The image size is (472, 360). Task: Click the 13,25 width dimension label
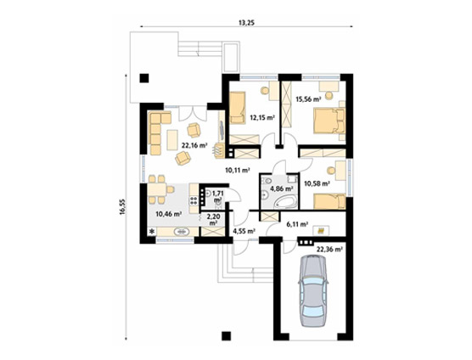[246, 23]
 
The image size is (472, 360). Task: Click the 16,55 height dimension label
[122, 207]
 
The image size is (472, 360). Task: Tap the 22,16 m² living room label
[194, 145]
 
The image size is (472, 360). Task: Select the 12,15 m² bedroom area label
[263, 117]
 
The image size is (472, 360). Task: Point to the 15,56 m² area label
[308, 98]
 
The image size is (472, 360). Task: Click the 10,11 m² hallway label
[238, 171]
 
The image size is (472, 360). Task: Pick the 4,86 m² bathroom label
[282, 189]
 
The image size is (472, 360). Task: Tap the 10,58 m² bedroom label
[317, 183]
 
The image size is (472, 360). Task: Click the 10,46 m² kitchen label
[168, 214]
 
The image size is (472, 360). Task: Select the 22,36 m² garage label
[329, 250]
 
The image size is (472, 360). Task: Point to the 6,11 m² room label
[296, 224]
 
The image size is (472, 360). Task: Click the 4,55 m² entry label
[244, 231]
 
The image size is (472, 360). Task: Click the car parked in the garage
[312, 290]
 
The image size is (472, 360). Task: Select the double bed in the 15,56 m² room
[329, 121]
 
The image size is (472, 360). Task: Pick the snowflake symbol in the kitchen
[152, 232]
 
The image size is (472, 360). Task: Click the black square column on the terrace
[143, 78]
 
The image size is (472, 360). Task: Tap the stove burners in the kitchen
[194, 201]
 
